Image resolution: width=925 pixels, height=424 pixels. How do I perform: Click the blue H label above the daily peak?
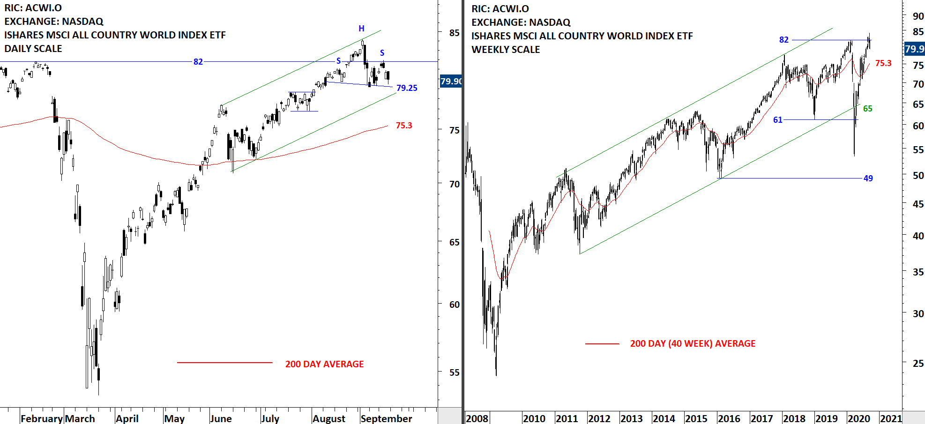point(361,29)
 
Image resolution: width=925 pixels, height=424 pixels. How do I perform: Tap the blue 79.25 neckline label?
point(406,88)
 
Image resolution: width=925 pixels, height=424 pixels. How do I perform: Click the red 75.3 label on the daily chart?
point(403,126)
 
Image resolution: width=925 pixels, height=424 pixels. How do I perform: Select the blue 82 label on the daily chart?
point(198,62)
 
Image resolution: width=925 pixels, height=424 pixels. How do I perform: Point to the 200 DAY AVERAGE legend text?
point(324,364)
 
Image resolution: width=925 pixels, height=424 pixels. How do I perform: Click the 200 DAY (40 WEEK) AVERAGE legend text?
point(693,343)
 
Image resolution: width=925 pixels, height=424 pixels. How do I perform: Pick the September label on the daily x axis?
point(386,418)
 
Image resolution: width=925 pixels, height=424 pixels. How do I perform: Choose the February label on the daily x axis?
point(42,418)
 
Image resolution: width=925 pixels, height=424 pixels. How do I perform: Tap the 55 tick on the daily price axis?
point(454,372)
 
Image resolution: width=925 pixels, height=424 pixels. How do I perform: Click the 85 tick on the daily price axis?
point(454,33)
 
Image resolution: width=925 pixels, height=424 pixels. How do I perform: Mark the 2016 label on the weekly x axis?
point(729,418)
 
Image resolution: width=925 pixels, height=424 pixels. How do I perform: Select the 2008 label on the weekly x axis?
point(477,418)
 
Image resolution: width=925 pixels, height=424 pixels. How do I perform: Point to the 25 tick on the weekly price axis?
point(918,363)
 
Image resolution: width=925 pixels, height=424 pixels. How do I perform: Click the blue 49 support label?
point(868,178)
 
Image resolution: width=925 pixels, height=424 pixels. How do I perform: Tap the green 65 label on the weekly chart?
point(867,109)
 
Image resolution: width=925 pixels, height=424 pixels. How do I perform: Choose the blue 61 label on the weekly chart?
point(777,120)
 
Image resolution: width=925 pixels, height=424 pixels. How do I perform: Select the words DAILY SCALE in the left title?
point(33,49)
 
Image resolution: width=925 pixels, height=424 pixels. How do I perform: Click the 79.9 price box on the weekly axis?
point(914,49)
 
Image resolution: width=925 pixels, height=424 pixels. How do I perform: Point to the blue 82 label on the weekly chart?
point(783,40)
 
